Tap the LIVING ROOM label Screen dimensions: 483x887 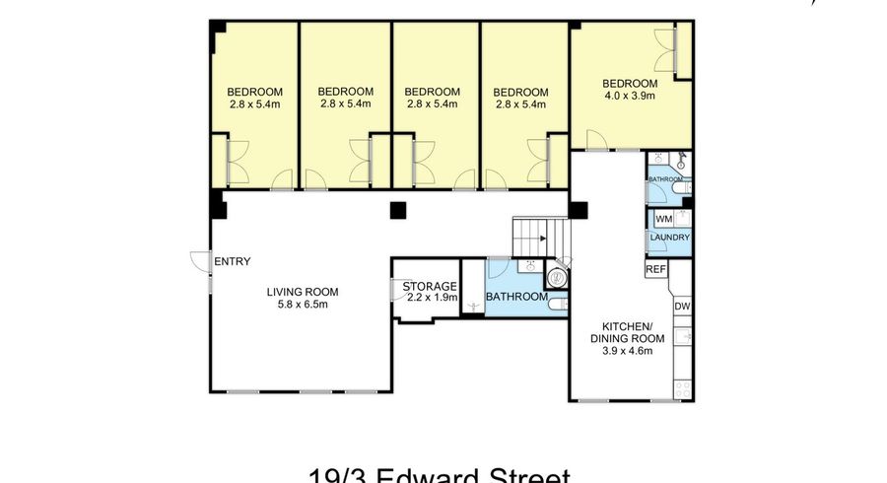pos(303,292)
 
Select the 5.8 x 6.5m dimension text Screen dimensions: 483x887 pos(303,305)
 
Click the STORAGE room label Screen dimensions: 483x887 pos(430,287)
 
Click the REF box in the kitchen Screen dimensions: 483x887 pos(655,268)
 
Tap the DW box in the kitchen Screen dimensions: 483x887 pos(682,308)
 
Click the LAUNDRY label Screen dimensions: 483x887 pos(669,238)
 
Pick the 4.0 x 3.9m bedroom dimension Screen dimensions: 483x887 pos(630,96)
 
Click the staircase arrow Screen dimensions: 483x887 pos(542,238)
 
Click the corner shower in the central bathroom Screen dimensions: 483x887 pos(559,275)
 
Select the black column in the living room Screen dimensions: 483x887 pos(397,209)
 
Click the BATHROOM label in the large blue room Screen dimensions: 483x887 pos(516,297)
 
